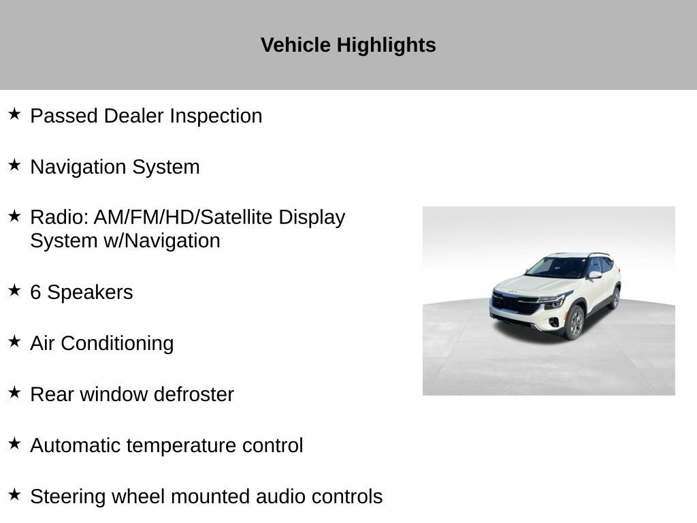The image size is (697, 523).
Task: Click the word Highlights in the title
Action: coord(387,46)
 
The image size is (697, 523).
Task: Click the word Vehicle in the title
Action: coord(295,45)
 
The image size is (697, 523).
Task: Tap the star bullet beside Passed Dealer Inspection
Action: coord(14,114)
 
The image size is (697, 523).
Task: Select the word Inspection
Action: coord(216,116)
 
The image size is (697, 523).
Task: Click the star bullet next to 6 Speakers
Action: coord(14,290)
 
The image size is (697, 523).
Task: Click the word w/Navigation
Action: coord(162,241)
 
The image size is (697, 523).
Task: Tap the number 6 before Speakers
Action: coord(35,293)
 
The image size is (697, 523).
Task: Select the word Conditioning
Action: coord(117,344)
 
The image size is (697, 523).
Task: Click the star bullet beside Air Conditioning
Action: coord(14,342)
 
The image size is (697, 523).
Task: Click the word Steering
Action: coord(67,497)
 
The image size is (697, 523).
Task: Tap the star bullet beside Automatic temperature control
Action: coord(14,443)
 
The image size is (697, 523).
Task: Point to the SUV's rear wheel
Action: coord(615,298)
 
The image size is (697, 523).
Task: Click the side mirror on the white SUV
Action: coord(595,275)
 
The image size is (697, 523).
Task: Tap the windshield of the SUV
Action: coord(557,267)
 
